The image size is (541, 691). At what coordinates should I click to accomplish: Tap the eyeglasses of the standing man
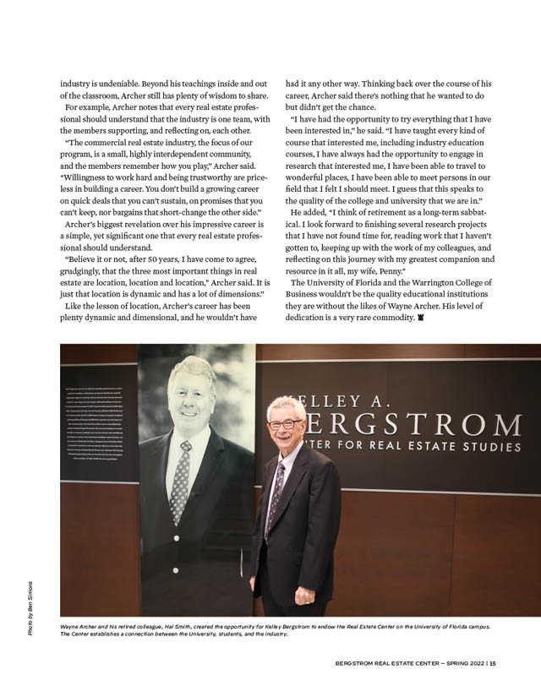285,424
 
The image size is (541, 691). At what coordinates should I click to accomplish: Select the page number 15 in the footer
492,661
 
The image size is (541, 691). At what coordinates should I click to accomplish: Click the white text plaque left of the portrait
99,422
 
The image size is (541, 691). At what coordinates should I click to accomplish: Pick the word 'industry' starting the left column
77,84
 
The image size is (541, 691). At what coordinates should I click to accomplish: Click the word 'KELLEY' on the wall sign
332,400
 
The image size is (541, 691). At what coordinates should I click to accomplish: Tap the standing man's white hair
286,406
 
